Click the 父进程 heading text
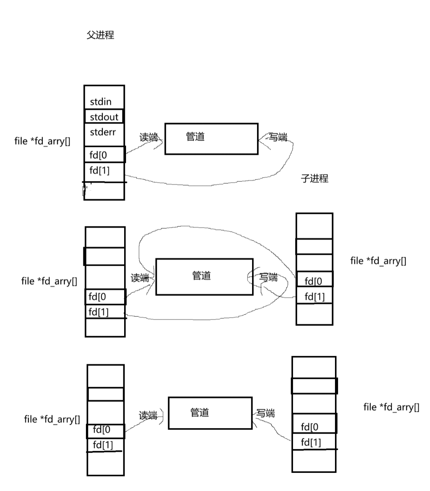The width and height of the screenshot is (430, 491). tap(100, 35)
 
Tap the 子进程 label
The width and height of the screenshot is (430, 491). tap(315, 178)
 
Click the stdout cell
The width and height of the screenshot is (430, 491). tap(104, 117)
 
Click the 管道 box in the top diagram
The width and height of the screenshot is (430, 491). tap(211, 139)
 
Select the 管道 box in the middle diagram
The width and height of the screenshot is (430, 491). tap(204, 277)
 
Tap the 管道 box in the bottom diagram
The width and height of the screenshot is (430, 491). tap(210, 413)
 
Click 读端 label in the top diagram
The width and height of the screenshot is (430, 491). tap(148, 137)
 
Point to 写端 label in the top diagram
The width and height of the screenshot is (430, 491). tap(278, 137)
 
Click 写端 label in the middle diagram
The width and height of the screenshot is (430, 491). tap(268, 277)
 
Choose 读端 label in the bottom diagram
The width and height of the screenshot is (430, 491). tap(148, 416)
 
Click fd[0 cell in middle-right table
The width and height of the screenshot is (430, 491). tap(314, 281)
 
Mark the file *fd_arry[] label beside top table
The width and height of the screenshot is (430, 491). tap(42, 141)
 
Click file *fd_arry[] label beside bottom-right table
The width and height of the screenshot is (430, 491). tap(391, 407)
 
